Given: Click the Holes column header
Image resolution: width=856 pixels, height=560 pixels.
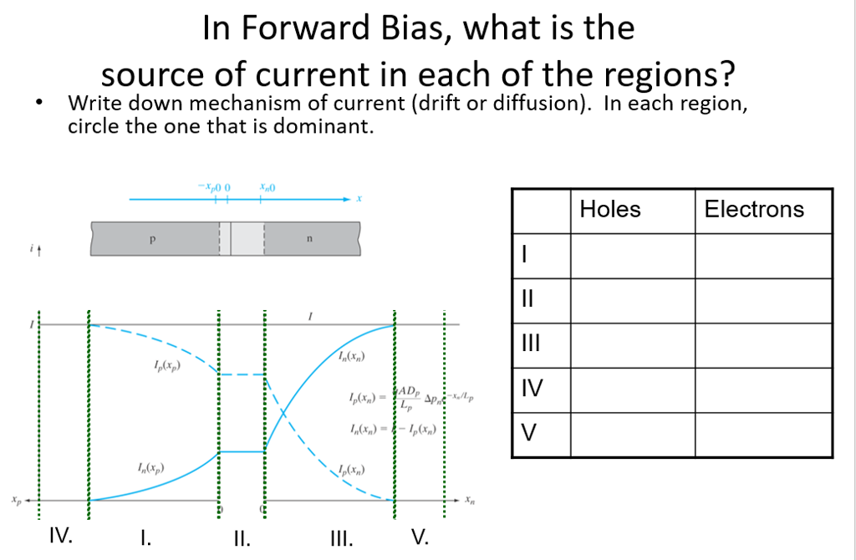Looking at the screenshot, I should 610,209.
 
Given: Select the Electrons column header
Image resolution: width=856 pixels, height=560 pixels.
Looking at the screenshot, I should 754,209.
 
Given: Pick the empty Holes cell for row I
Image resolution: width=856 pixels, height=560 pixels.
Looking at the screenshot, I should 632,256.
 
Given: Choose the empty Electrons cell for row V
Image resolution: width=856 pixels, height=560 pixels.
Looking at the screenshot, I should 763,435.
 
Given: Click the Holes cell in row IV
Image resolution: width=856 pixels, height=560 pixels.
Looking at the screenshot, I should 632,389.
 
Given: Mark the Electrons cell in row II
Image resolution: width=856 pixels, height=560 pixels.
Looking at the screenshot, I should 763,300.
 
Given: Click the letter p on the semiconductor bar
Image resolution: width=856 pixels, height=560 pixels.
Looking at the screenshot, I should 153,238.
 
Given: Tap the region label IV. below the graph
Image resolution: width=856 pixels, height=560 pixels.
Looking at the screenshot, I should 60,534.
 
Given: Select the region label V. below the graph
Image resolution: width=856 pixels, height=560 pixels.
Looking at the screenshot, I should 420,536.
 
